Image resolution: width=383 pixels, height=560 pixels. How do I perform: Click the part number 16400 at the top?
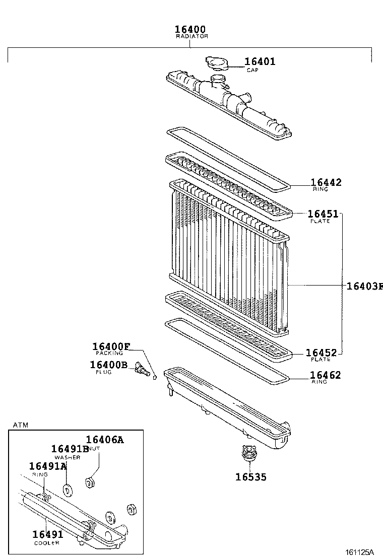[x=190, y=30]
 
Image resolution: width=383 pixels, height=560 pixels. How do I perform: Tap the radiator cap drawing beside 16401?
[x=217, y=63]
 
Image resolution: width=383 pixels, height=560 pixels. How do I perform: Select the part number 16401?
[x=260, y=62]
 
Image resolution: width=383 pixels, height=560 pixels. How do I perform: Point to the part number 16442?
[x=326, y=182]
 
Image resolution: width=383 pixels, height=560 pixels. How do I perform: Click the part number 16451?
[x=323, y=214]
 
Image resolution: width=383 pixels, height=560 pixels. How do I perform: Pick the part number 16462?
[x=325, y=375]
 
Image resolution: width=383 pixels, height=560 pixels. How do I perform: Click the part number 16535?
[x=250, y=477]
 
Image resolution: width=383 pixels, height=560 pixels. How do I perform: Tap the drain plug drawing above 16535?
[x=247, y=453]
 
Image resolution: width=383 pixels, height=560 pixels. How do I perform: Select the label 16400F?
[x=111, y=346]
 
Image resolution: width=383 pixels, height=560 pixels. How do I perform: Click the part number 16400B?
[x=109, y=365]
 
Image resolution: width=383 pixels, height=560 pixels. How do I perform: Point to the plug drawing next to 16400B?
[x=142, y=370]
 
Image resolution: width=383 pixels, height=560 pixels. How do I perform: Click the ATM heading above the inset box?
[x=21, y=425]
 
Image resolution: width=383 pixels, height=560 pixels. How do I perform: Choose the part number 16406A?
[x=104, y=440]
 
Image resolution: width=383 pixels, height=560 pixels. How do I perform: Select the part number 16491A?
[x=48, y=466]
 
